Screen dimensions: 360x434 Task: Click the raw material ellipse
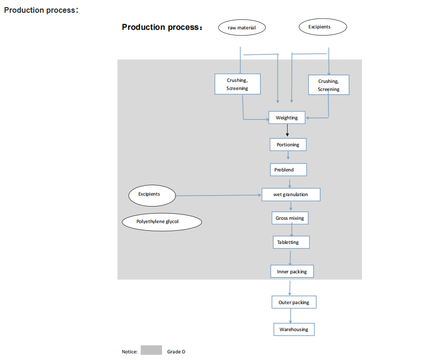pyautogui.click(x=242, y=27)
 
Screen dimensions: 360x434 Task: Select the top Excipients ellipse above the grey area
pyautogui.click(x=323, y=27)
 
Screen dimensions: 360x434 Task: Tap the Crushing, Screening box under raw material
pyautogui.click(x=237, y=84)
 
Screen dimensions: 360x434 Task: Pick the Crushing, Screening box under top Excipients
pyautogui.click(x=328, y=85)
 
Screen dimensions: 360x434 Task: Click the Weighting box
pyautogui.click(x=287, y=117)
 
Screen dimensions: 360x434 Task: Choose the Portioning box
pyautogui.click(x=288, y=144)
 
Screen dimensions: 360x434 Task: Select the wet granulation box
pyautogui.click(x=291, y=194)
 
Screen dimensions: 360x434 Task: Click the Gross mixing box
pyautogui.click(x=290, y=218)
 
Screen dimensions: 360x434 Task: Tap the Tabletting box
pyautogui.click(x=291, y=243)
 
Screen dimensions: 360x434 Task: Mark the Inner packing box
pyautogui.click(x=292, y=271)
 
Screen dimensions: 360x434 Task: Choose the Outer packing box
pyautogui.click(x=294, y=302)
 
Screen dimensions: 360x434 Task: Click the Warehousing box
pyautogui.click(x=294, y=329)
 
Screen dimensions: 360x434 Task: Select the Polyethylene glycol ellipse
pyautogui.click(x=162, y=222)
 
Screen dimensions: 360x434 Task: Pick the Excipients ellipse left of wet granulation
pyautogui.click(x=152, y=195)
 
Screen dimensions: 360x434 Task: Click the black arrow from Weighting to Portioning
pyautogui.click(x=287, y=131)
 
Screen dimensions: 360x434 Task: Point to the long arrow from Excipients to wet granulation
pyautogui.click(x=218, y=195)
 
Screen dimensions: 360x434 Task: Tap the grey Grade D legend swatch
pyautogui.click(x=151, y=351)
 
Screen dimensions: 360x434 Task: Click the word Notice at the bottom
pyautogui.click(x=129, y=352)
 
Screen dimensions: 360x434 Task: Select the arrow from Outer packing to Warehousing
pyautogui.click(x=290, y=316)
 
